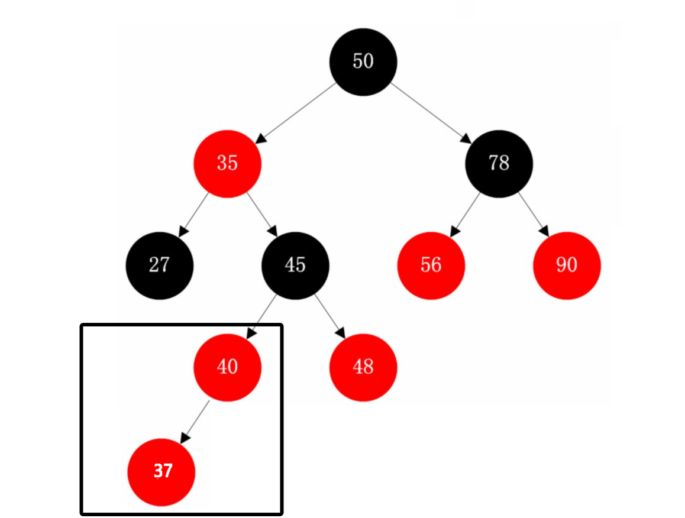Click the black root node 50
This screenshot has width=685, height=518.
(363, 61)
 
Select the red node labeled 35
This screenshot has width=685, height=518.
(227, 164)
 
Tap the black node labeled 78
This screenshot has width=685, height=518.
(499, 164)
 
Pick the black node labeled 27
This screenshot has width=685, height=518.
(159, 266)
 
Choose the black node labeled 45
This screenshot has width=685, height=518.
(295, 266)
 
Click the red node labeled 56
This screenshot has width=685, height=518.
(431, 266)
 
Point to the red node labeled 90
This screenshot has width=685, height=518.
(566, 266)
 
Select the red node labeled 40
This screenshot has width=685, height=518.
(227, 367)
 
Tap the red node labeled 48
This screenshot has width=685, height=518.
(363, 367)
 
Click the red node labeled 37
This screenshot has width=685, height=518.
(161, 471)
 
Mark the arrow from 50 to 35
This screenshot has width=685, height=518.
(296, 112)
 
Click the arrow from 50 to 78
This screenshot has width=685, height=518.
(431, 112)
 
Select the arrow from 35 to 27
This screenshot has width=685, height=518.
(194, 215)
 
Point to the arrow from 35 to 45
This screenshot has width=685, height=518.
(261, 215)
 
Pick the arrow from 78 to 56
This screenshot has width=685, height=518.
(465, 215)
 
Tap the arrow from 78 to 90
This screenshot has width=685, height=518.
(532, 215)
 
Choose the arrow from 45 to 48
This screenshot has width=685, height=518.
(329, 316)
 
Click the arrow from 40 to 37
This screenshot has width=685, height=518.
(195, 420)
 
